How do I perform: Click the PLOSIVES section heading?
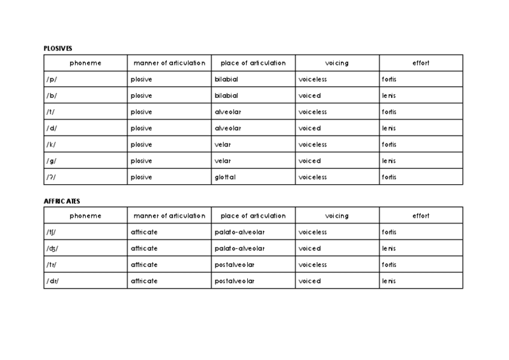click(58, 49)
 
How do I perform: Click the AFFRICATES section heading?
click(62, 202)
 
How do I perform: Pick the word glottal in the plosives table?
click(225, 177)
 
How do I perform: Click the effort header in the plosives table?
click(421, 63)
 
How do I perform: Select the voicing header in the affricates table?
click(337, 216)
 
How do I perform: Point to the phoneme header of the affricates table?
click(85, 216)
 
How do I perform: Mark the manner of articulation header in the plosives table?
click(169, 63)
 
